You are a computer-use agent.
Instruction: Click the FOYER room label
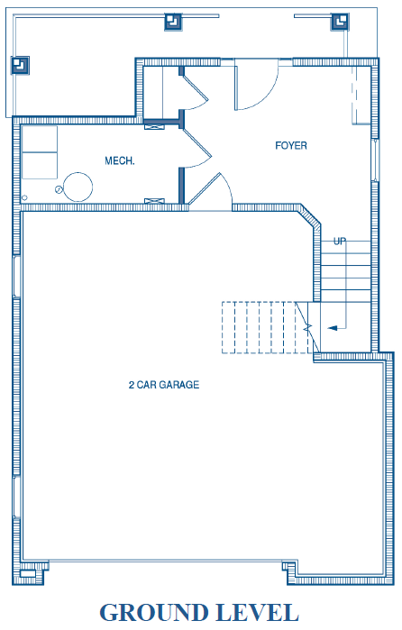coord(291,145)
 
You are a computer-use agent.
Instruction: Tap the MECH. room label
coord(119,161)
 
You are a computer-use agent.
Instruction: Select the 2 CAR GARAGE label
coord(164,385)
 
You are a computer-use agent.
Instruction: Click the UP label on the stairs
coord(340,242)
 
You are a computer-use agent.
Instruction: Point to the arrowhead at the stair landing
coord(333,328)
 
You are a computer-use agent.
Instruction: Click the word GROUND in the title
coord(154,613)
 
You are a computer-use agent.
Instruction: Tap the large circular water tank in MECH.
coord(78,187)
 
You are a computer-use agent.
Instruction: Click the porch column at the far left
coord(20,65)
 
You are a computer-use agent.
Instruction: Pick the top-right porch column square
coord(340,22)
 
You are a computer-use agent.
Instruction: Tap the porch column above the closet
coord(173,22)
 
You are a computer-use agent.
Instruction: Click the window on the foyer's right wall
coord(375,160)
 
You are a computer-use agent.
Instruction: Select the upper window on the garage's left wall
coord(16,277)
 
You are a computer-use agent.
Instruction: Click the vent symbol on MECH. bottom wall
coord(154,200)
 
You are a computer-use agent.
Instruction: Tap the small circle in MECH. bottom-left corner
coord(24,197)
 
